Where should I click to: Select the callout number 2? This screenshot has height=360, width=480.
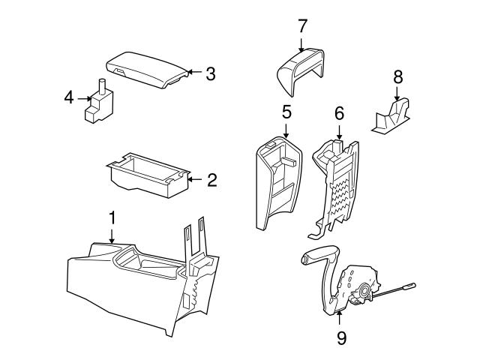coord(212,179)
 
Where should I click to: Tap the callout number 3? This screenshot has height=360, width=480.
coord(211,73)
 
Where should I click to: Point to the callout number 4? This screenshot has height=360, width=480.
coord(68,97)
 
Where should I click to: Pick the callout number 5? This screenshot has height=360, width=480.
coord(286,112)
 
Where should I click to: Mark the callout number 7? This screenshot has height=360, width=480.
coord(302,26)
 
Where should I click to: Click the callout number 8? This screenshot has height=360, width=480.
coord(397,76)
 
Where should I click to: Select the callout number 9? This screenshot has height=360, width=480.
coord(340,338)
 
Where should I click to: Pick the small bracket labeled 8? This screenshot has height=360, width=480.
coord(394,116)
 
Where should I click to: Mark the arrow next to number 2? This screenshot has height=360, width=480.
coord(195,179)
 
